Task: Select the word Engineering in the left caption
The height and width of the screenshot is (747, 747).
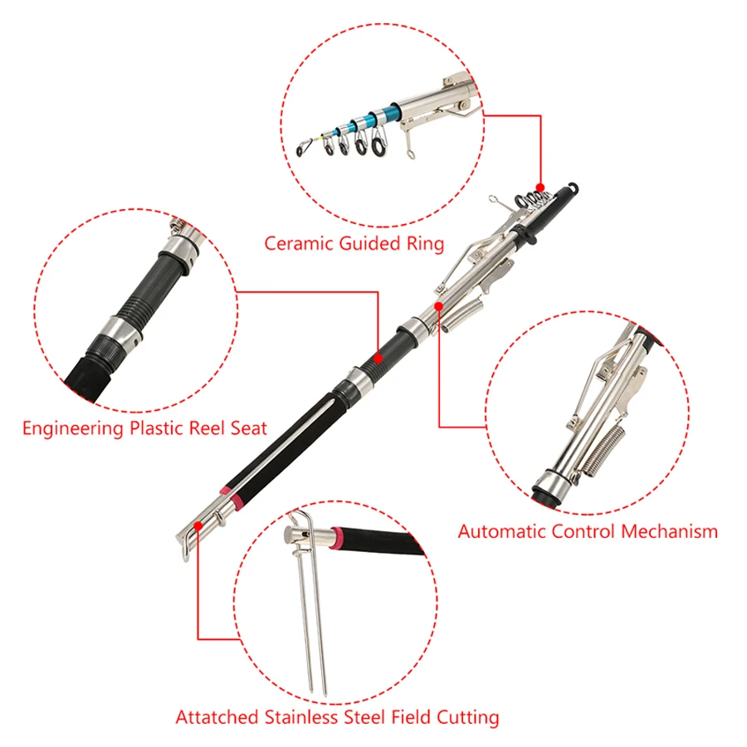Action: click(73, 428)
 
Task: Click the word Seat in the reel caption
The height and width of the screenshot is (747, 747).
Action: click(249, 427)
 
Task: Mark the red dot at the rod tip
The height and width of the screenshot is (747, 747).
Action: click(540, 188)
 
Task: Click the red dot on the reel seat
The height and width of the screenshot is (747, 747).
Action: click(378, 358)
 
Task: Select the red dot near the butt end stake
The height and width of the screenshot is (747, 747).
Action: click(198, 525)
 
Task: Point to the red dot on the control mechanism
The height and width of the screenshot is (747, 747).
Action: click(439, 305)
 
